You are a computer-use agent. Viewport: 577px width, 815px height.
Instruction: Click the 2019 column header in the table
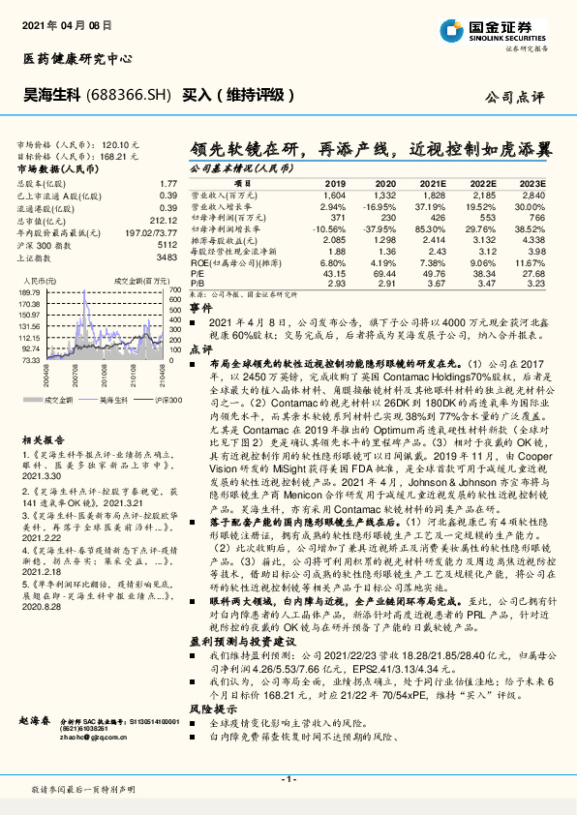pos(334,183)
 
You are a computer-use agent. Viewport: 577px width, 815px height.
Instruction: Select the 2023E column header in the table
pos(532,183)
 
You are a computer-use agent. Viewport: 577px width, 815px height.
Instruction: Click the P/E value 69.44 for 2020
pos(384,275)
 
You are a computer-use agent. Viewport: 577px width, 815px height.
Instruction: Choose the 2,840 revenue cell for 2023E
pos(532,195)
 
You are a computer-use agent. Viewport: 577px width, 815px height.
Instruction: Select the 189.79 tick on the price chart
pos(29,290)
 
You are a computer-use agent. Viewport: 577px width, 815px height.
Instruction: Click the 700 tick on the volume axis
pos(174,290)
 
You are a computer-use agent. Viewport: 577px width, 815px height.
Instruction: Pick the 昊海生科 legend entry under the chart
pos(114,399)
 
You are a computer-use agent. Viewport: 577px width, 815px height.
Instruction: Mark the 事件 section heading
pos(199,306)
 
